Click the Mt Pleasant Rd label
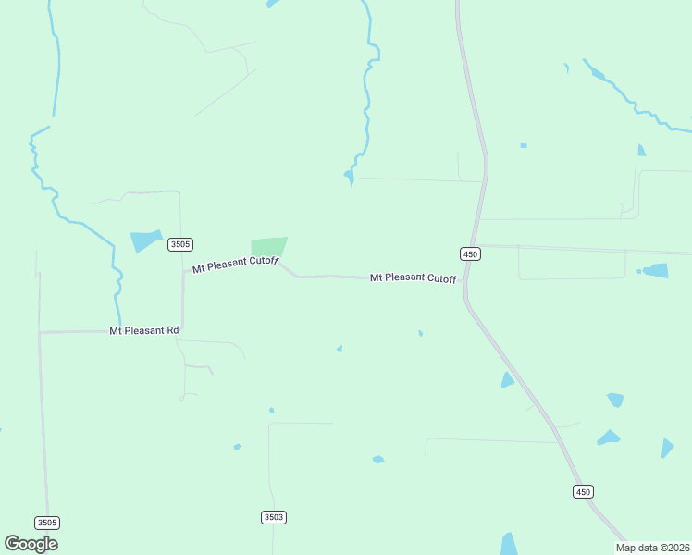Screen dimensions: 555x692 tap(144, 330)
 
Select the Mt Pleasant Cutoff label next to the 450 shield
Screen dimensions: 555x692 tap(414, 277)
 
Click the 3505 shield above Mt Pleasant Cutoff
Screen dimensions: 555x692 tap(180, 245)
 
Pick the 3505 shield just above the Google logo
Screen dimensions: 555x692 tap(47, 523)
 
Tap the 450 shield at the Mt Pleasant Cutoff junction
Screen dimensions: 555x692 tap(470, 253)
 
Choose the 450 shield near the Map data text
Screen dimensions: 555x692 tap(583, 492)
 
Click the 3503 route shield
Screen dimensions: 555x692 tap(273, 517)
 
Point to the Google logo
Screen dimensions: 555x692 tap(31, 544)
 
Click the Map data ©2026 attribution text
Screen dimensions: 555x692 tap(652, 548)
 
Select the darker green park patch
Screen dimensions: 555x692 tap(268, 246)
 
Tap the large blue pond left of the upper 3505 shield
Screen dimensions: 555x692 tap(146, 240)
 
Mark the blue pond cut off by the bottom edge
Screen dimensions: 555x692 tap(509, 544)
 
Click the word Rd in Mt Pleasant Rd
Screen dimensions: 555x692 tap(172, 330)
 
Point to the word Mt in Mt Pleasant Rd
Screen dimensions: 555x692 tap(116, 330)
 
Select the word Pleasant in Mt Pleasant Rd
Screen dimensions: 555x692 tap(144, 330)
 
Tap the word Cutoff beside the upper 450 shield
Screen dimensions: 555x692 tap(441, 278)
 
